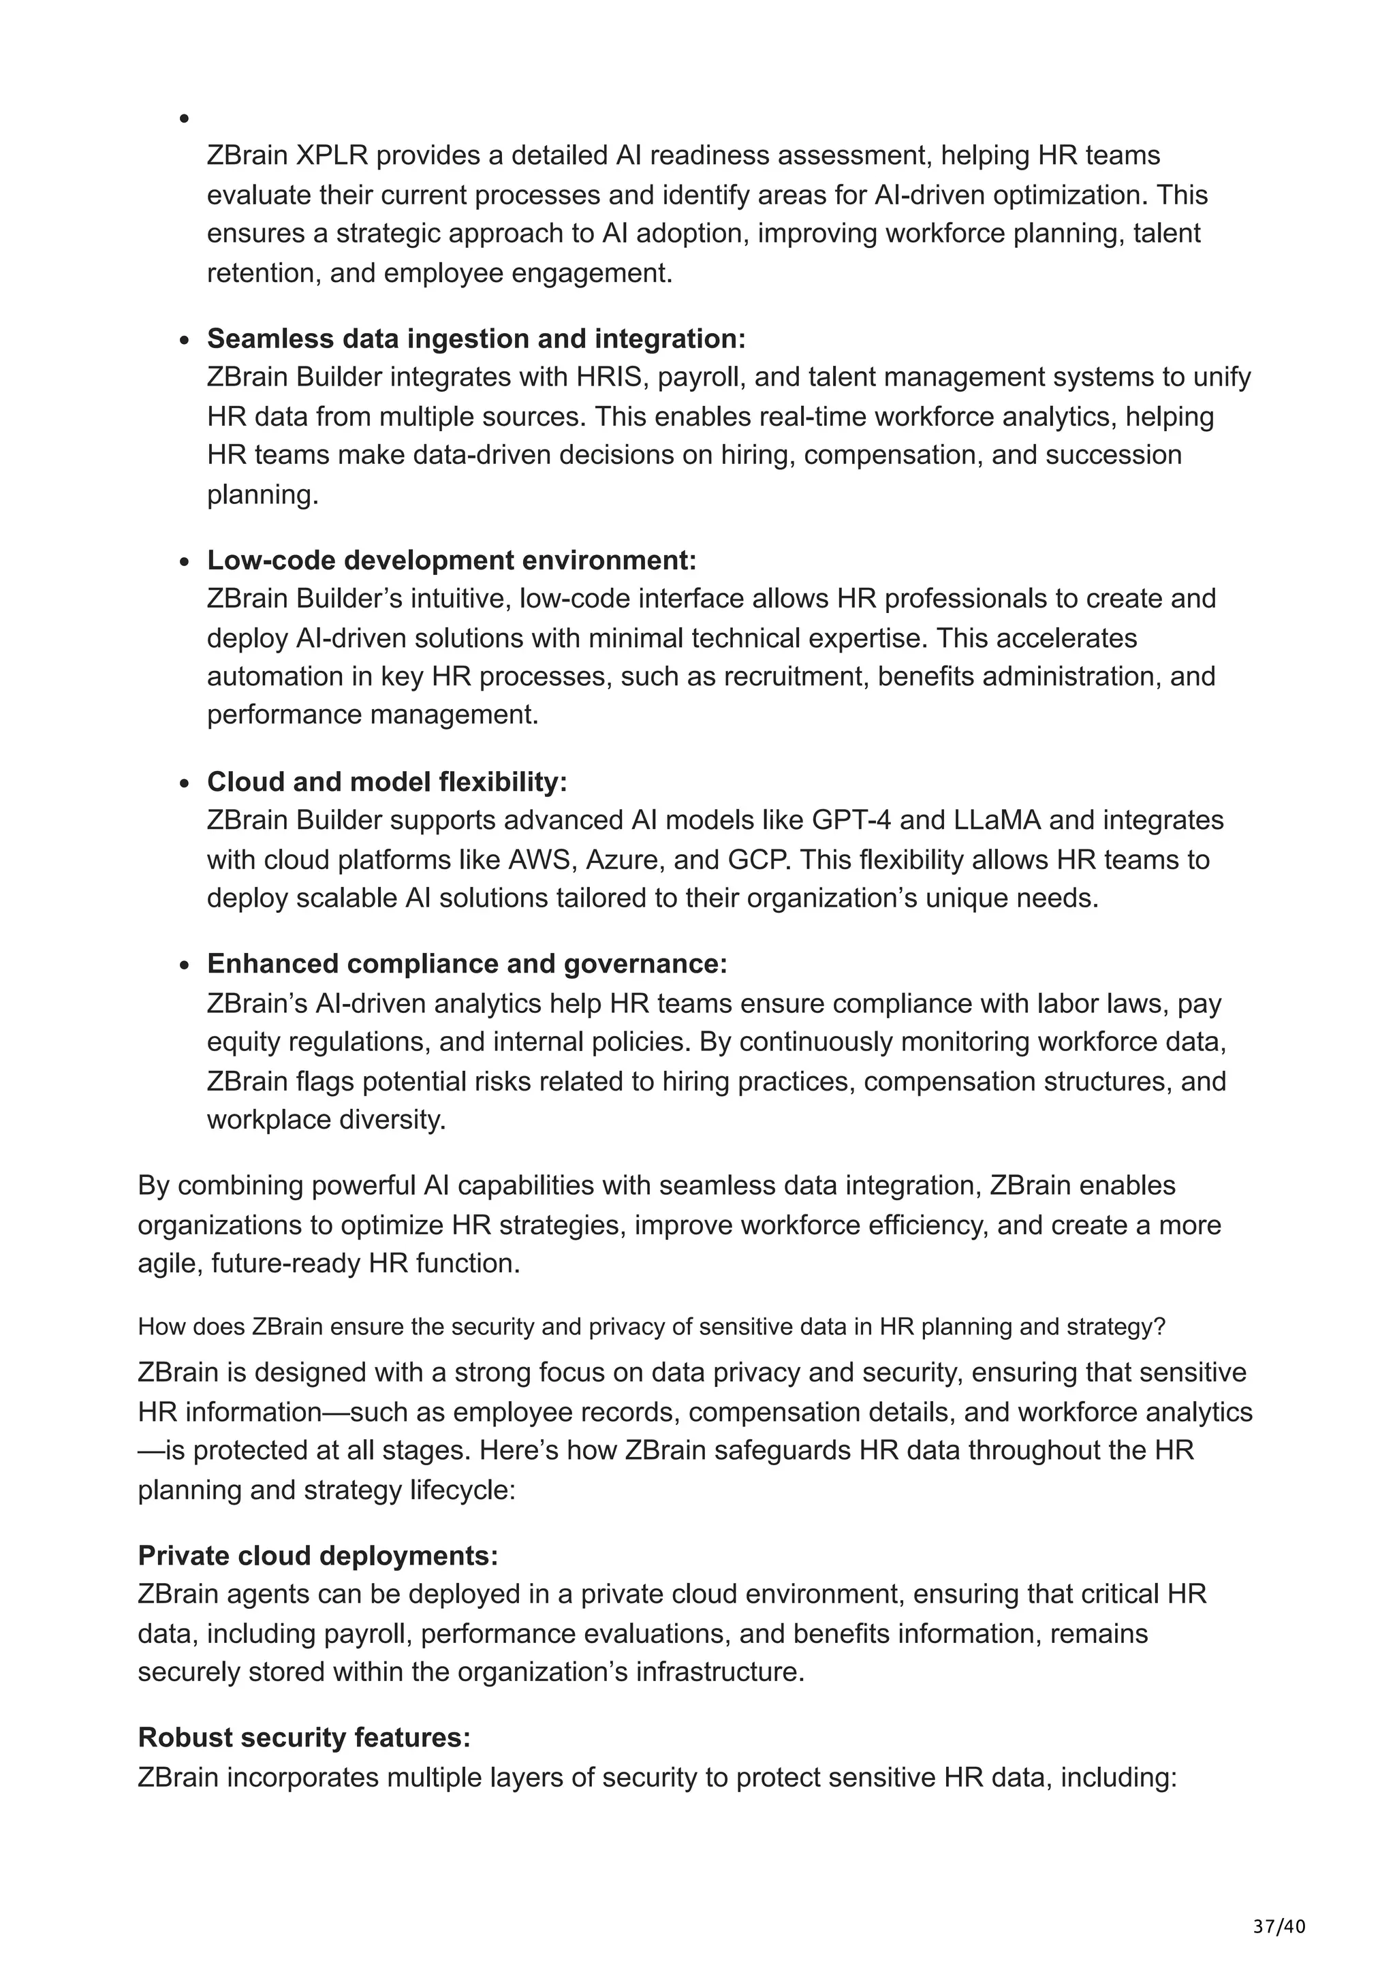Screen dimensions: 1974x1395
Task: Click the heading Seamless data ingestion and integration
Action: [x=476, y=339]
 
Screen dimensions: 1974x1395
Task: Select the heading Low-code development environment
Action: [x=451, y=561]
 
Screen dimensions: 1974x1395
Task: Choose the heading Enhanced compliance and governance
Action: [x=467, y=964]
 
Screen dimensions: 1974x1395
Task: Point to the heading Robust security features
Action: [x=304, y=1738]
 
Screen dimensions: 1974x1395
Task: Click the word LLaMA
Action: [x=997, y=820]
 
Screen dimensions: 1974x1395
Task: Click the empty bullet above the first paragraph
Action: [x=184, y=119]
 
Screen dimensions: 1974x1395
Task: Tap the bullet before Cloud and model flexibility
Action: [x=184, y=783]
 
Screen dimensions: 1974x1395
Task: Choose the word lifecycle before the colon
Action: [x=460, y=1489]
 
